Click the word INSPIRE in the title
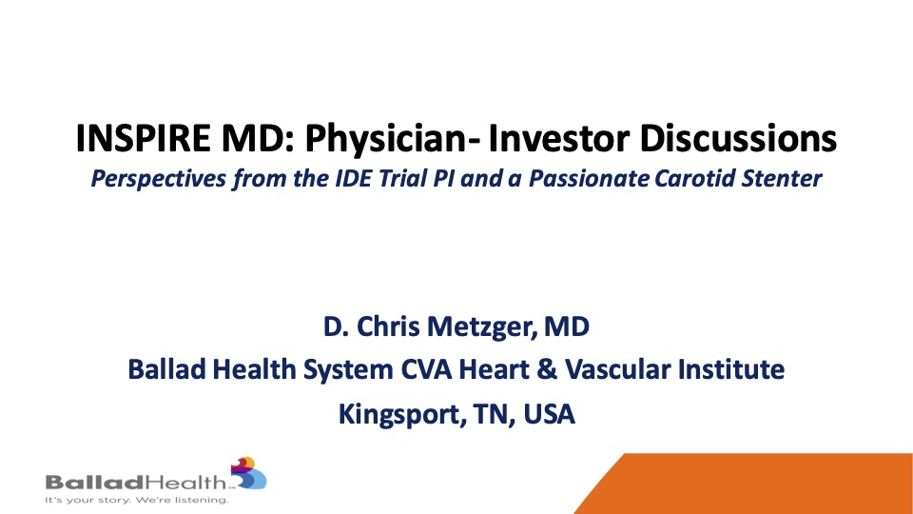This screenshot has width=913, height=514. coord(143,139)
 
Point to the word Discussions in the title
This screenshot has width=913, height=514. coord(738,139)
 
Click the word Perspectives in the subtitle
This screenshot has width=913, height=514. coord(159,179)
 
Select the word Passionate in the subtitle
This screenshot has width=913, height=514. coord(589,178)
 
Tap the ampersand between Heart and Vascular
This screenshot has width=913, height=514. coord(547,370)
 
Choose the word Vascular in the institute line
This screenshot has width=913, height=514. coord(616,369)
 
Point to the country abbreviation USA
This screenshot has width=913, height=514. coord(549,414)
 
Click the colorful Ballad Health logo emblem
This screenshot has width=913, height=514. coord(248,473)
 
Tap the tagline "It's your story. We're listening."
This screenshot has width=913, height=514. coord(137,500)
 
